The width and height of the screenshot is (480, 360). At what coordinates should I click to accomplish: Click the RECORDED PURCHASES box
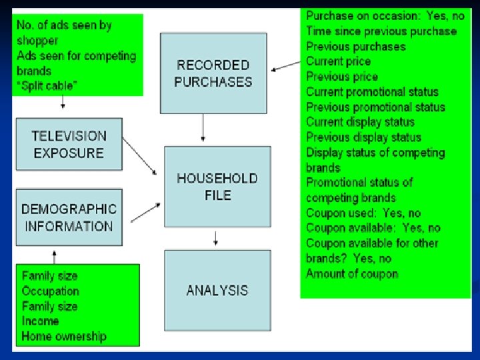click(x=213, y=73)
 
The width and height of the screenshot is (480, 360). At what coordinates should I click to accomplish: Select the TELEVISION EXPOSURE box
click(x=69, y=144)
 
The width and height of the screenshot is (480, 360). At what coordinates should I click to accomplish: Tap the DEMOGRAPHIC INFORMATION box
click(x=69, y=217)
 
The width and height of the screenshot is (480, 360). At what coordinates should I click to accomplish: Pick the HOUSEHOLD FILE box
click(x=217, y=186)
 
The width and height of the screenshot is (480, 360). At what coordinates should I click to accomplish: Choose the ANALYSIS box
click(x=217, y=290)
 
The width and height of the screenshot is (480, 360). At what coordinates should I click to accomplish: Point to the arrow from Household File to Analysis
click(x=215, y=237)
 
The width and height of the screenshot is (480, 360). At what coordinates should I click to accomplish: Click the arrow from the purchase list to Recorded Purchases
click(x=286, y=65)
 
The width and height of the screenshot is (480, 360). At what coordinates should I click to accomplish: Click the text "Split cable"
click(x=47, y=86)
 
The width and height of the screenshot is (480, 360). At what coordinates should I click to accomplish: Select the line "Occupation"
click(x=50, y=291)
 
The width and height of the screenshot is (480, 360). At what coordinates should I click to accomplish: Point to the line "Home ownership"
click(x=63, y=336)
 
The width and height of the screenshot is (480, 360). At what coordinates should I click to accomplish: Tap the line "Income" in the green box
click(x=40, y=321)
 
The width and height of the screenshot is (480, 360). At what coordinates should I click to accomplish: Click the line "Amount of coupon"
click(x=352, y=274)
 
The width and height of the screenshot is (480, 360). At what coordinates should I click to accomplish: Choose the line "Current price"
click(x=338, y=61)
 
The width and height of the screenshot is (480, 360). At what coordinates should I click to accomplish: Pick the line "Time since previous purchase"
click(x=381, y=31)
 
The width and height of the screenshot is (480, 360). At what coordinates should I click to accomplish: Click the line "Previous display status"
click(x=363, y=137)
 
